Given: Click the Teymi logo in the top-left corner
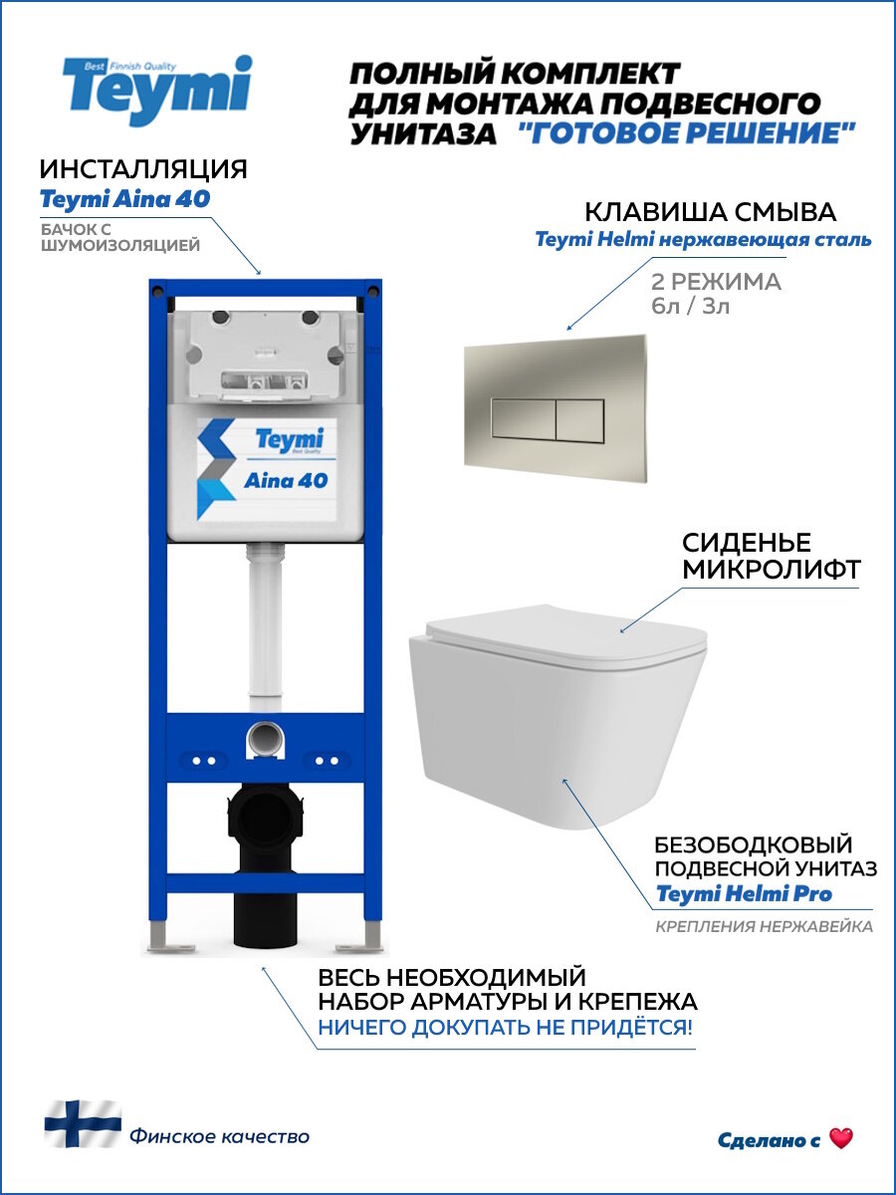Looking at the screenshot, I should [157, 90].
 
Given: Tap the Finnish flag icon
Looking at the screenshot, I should [83, 1123].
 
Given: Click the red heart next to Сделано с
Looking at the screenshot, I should [841, 1139].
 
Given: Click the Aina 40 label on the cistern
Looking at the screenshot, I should [286, 480].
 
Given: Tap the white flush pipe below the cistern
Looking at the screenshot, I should [264, 627].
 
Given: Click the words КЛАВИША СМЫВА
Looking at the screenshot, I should [710, 212].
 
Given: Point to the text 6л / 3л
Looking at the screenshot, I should [689, 307].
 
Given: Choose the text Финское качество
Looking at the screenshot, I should [218, 1136].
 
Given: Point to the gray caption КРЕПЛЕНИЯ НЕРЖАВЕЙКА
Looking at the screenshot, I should [764, 927].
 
